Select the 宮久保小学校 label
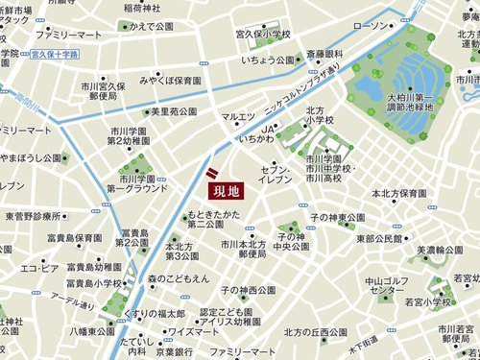[262, 35]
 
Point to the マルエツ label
[238, 117]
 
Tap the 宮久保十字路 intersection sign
[81, 55]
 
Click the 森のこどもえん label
[179, 277]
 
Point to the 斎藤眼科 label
[324, 54]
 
